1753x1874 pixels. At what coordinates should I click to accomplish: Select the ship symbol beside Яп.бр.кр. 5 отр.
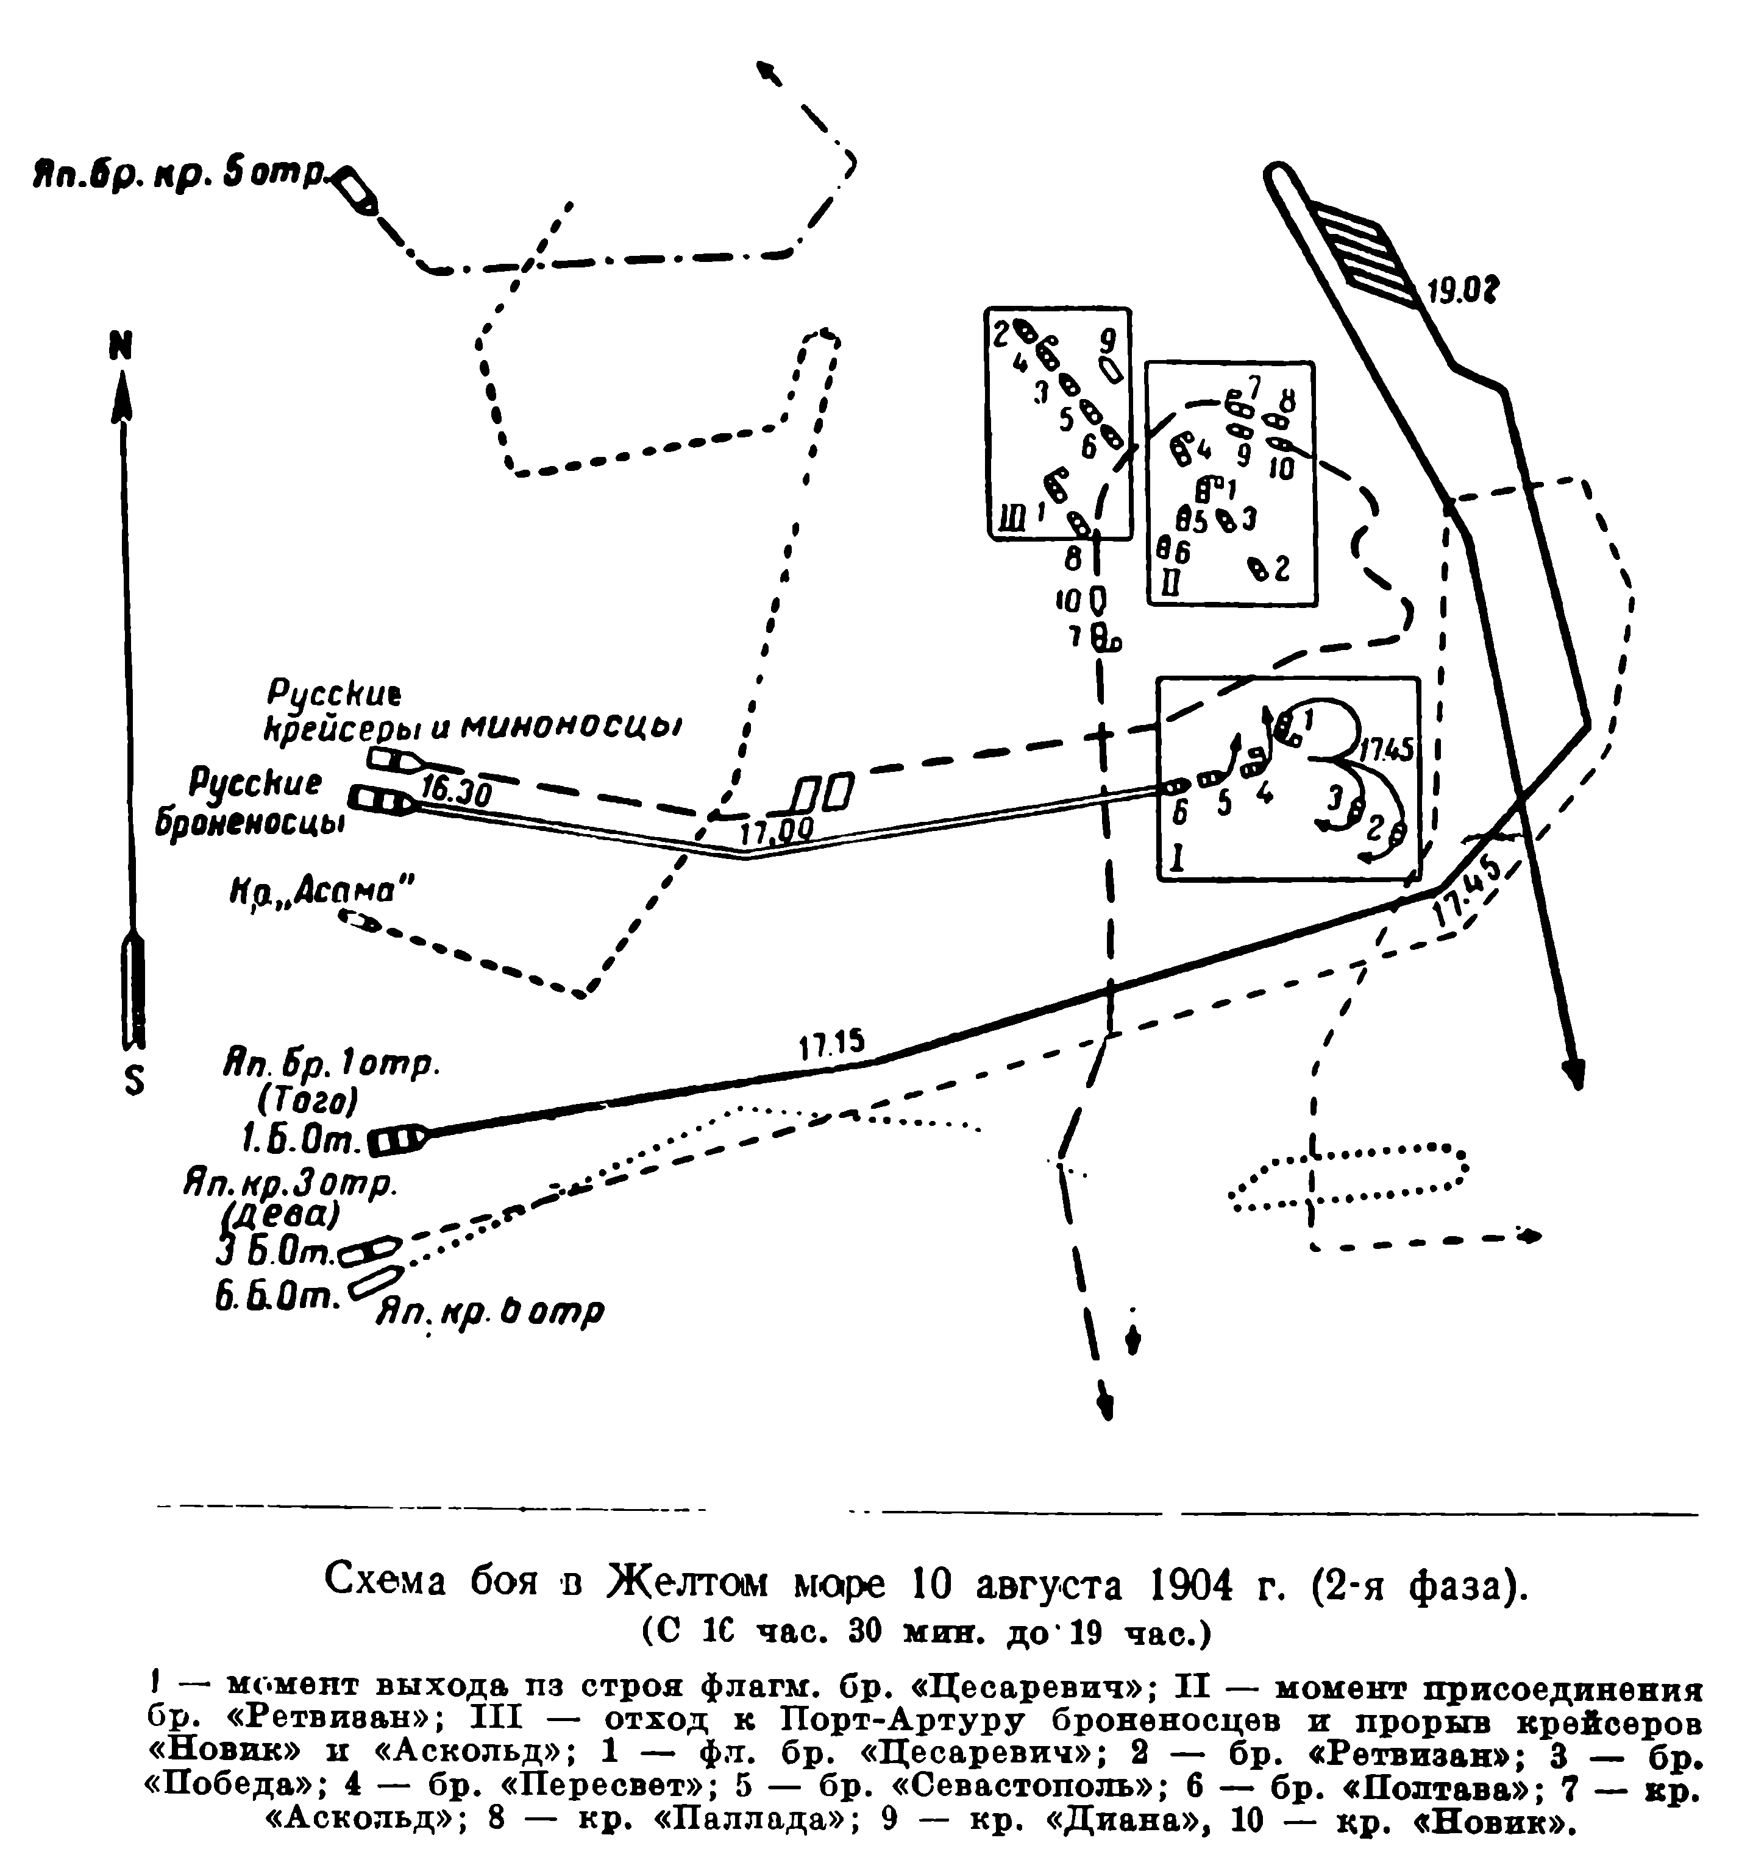pyautogui.click(x=357, y=189)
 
